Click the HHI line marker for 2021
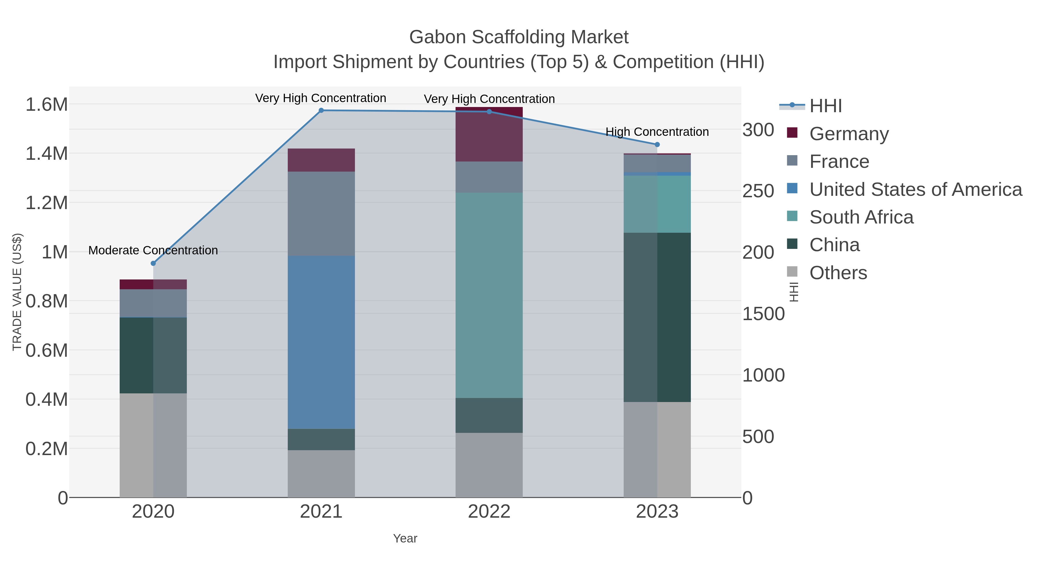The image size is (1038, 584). (321, 110)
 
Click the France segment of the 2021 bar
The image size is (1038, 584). (321, 214)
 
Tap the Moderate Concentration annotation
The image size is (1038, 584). (153, 250)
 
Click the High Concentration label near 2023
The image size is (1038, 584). (657, 132)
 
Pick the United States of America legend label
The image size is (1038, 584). (915, 189)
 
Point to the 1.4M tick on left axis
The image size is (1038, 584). (47, 153)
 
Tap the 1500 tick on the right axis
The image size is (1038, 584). (763, 314)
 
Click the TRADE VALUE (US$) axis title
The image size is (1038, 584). (17, 292)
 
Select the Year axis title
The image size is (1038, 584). (405, 538)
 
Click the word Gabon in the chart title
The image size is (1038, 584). (438, 37)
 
